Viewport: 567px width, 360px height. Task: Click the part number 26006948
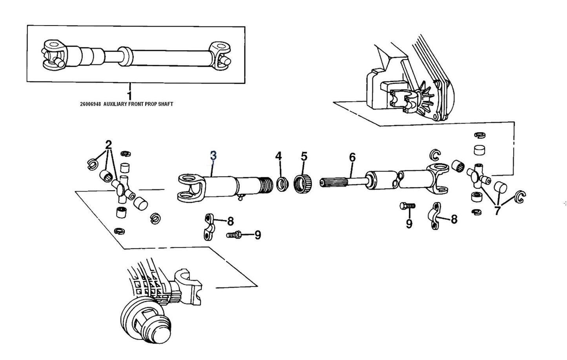click(x=90, y=104)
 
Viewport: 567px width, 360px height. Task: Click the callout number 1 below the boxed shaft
click(x=129, y=95)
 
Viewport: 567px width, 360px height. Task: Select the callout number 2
click(x=108, y=144)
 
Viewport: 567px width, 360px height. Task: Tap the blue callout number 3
click(x=213, y=155)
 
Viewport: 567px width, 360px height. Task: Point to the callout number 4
click(x=278, y=156)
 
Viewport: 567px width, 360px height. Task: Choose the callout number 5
click(x=304, y=156)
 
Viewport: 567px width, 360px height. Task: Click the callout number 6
click(x=352, y=158)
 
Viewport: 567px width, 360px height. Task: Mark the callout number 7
click(x=497, y=211)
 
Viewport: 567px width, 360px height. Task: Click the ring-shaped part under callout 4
click(x=281, y=184)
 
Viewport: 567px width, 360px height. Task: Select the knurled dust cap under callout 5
click(x=303, y=183)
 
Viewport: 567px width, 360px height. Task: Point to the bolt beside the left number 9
click(x=234, y=235)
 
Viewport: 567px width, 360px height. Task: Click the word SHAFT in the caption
click(x=164, y=104)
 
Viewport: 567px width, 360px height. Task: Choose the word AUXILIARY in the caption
click(x=117, y=104)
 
